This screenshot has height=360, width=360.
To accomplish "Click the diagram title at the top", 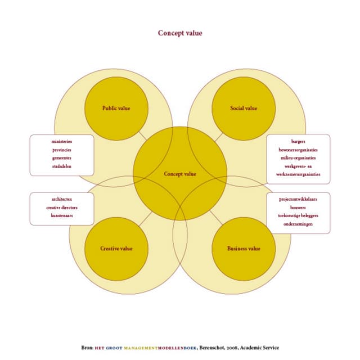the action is (180, 33).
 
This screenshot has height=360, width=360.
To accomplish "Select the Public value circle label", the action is (116, 108).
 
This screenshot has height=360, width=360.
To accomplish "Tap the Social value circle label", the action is (244, 108).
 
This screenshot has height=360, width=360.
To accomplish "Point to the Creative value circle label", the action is (116, 249).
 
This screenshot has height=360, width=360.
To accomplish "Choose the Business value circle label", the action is (244, 249).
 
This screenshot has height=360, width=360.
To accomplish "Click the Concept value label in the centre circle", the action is (180, 174).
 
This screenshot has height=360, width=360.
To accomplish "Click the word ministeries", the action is (62, 141).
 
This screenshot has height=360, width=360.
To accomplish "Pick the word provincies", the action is (62, 150).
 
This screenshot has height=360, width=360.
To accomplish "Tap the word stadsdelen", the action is (62, 166).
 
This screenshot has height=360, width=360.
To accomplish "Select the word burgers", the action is (298, 141).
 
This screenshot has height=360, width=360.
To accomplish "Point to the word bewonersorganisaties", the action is (298, 150).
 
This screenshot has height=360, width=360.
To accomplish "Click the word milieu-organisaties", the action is (298, 158).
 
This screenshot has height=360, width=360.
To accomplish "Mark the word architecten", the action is (62, 199).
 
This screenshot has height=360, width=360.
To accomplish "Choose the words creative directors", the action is (62, 208).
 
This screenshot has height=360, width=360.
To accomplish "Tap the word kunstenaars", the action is (62, 215).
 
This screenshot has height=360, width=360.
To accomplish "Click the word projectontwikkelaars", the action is (298, 199).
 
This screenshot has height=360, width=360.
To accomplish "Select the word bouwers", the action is (298, 208).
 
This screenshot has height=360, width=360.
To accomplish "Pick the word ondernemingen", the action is (298, 224).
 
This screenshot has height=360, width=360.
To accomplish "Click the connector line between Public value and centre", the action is (142, 136).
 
